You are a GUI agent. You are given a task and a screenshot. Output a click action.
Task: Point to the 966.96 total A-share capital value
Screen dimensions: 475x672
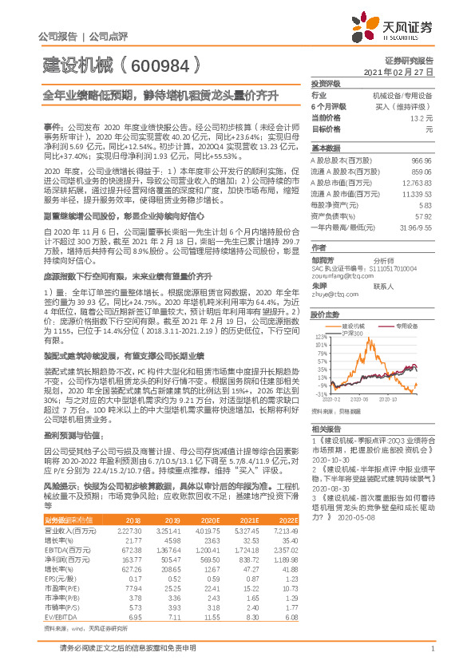tap(421, 160)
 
